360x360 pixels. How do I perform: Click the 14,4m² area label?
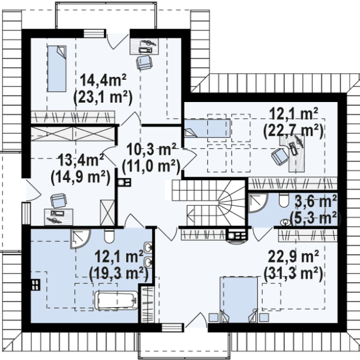103,80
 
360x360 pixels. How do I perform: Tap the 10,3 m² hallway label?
152,149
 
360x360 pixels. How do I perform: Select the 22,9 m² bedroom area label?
293,256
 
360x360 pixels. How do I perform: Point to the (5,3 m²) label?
316,218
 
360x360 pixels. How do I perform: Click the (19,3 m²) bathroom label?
118,273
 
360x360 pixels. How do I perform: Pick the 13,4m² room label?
81,160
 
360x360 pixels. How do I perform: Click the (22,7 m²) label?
293,131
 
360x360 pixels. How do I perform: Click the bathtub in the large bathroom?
116,301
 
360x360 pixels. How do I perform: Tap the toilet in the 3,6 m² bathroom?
284,200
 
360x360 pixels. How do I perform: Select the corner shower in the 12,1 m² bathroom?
80,239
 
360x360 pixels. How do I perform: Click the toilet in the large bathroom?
109,236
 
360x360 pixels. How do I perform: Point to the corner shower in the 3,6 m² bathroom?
258,203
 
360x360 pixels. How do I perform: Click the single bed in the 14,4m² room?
57,68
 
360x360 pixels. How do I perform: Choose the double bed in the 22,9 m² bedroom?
239,299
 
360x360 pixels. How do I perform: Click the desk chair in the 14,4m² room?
144,62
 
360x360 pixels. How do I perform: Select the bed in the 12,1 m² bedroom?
208,128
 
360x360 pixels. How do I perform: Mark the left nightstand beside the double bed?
214,317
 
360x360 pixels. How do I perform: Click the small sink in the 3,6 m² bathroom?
286,222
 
